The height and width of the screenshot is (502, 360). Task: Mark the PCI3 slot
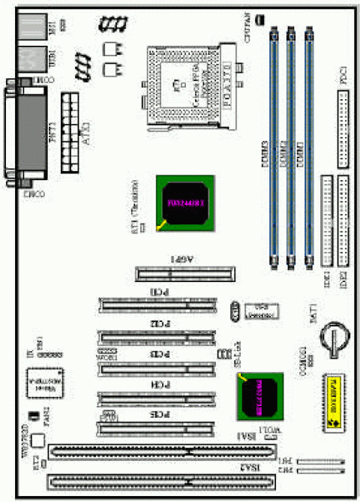pyautogui.click(x=157, y=368)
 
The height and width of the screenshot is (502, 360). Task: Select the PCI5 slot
pyautogui.click(x=157, y=428)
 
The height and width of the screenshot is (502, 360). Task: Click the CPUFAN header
pyautogui.click(x=258, y=20)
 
